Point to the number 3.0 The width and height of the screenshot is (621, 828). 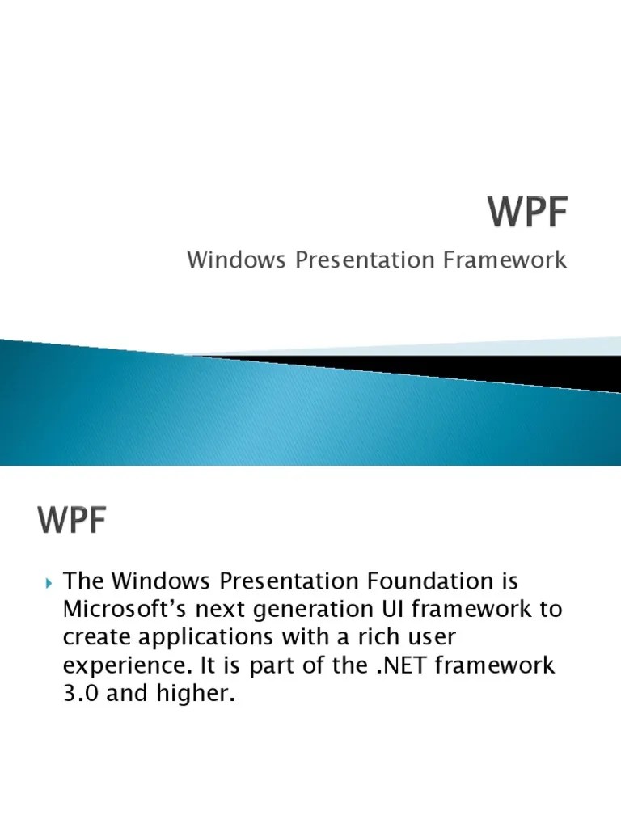82,694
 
